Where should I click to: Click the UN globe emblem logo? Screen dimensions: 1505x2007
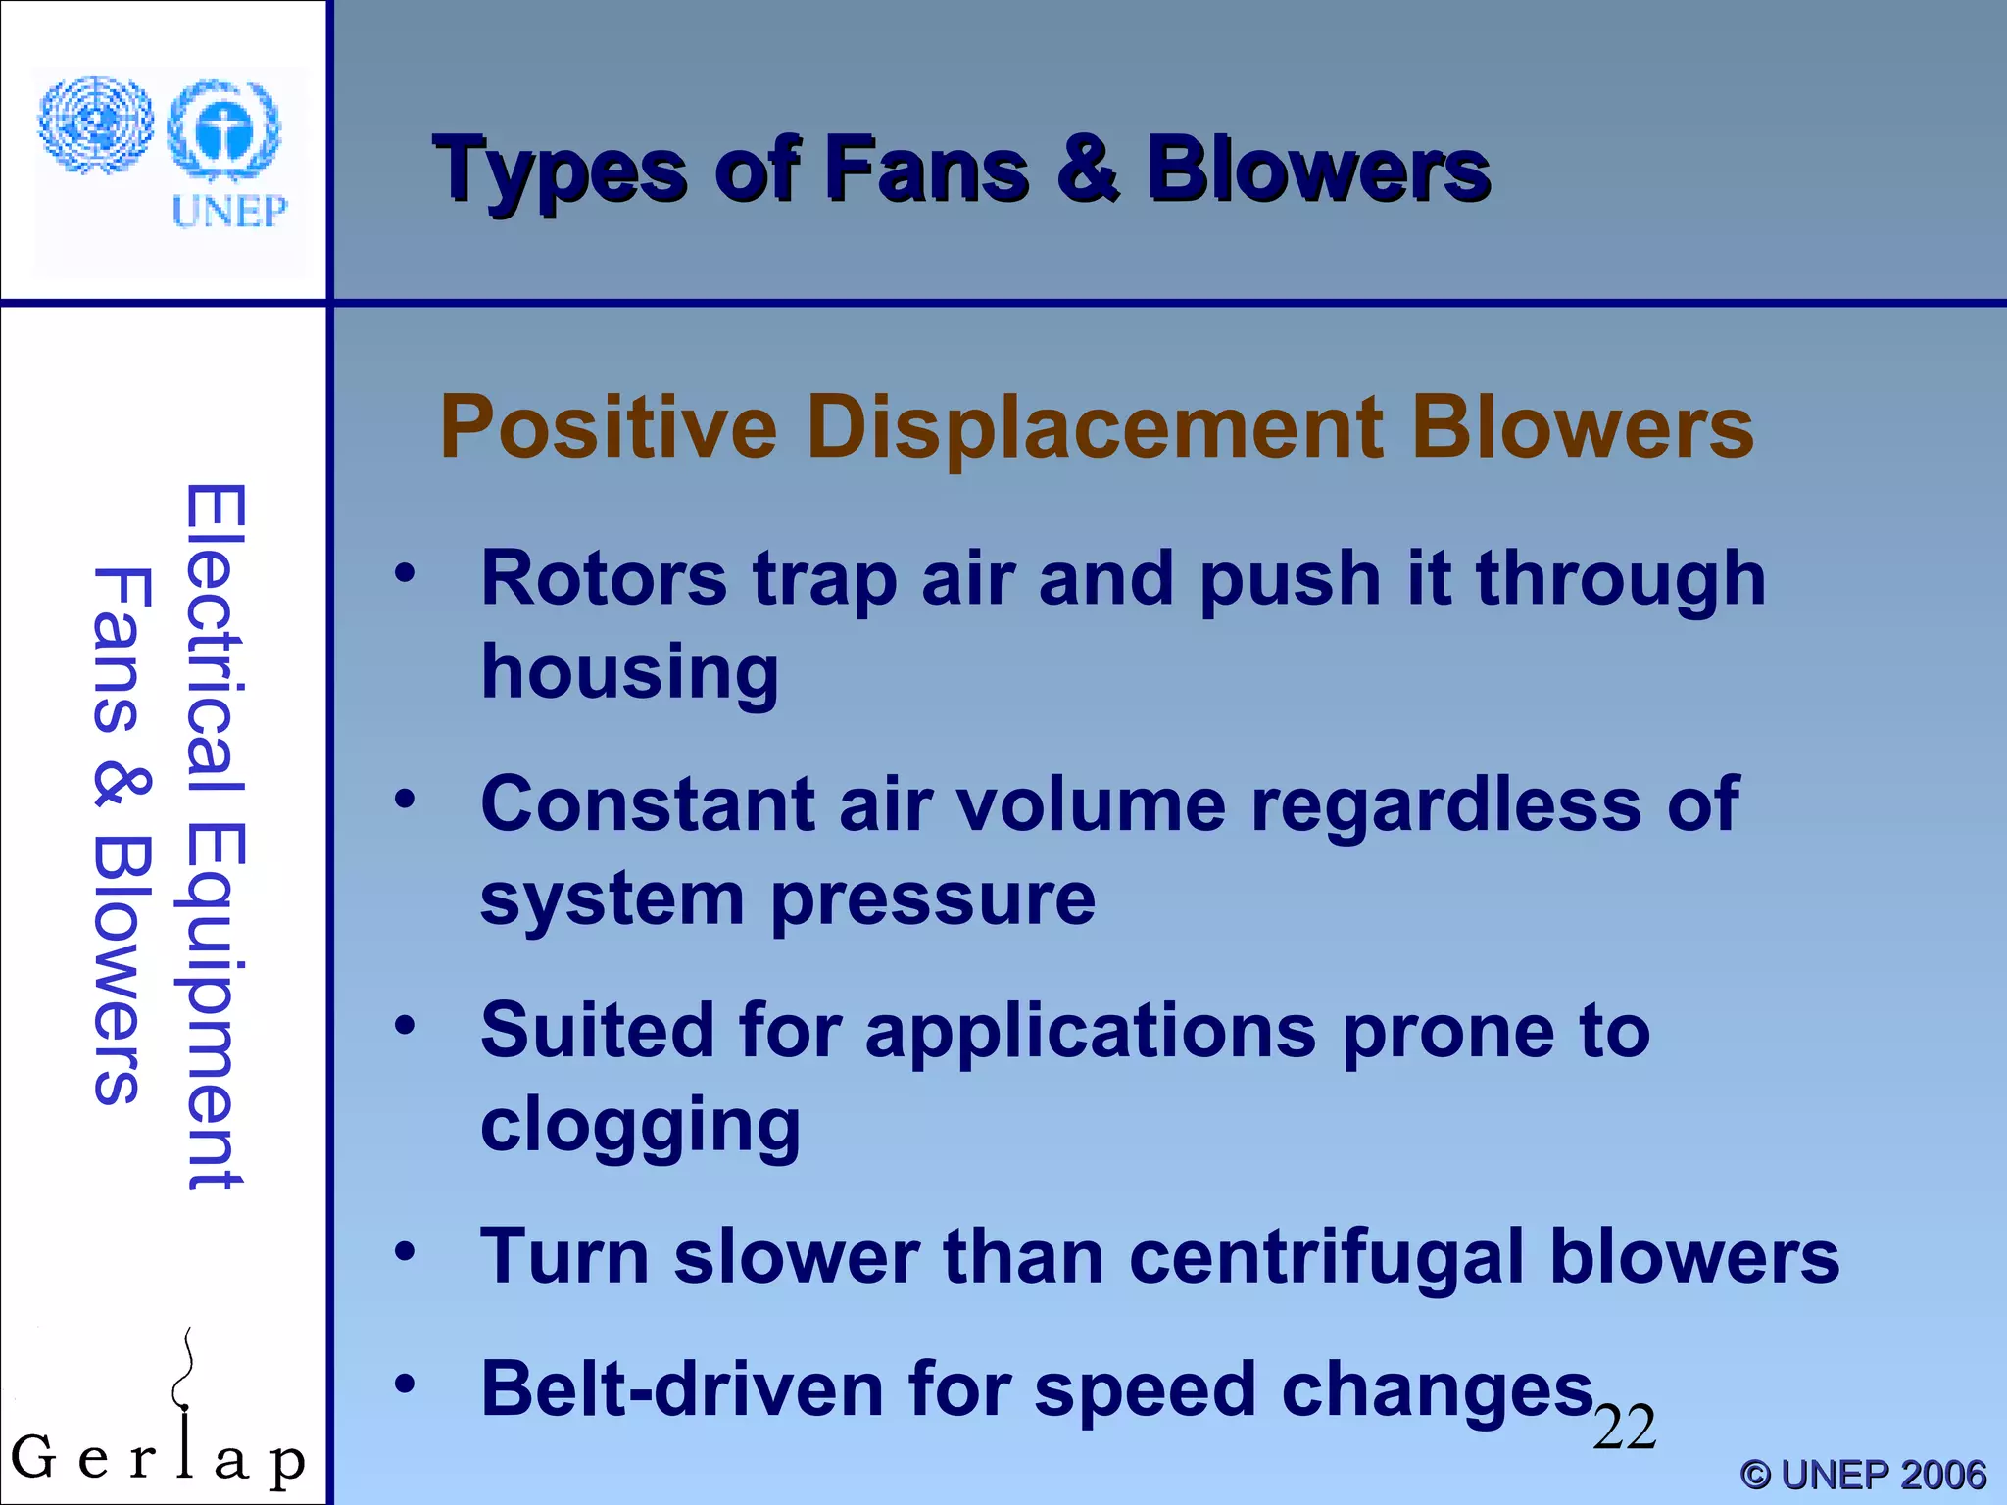pyautogui.click(x=96, y=125)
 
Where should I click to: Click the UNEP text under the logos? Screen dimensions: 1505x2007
pyautogui.click(x=229, y=211)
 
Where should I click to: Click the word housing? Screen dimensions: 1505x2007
pyautogui.click(x=630, y=672)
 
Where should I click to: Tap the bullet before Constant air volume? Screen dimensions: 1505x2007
pyautogui.click(x=405, y=801)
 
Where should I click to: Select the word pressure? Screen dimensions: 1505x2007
pyautogui.click(x=933, y=898)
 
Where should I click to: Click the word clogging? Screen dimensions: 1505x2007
pyautogui.click(x=640, y=1125)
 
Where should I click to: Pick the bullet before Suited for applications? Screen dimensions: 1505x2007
pyautogui.click(x=405, y=1027)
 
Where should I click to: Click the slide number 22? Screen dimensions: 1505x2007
pyautogui.click(x=1624, y=1428)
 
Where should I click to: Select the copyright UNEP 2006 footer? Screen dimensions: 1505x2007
pyautogui.click(x=1863, y=1475)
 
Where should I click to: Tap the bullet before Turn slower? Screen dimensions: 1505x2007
pyautogui.click(x=405, y=1251)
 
